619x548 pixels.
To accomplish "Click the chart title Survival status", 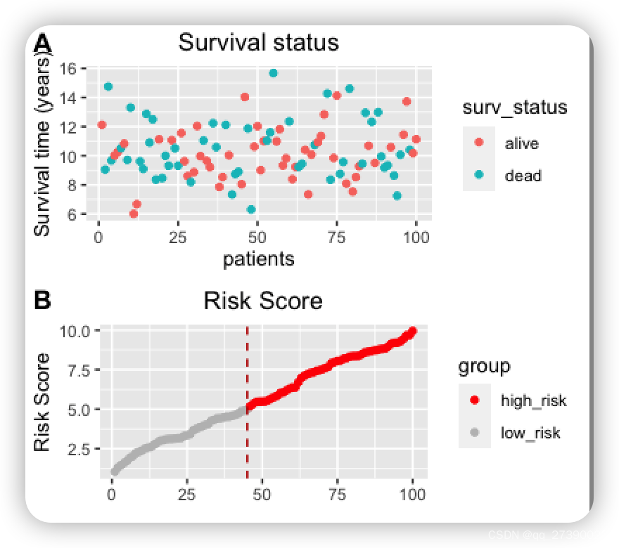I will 258,42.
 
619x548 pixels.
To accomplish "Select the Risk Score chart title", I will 262,301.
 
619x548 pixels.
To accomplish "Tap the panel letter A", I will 43,44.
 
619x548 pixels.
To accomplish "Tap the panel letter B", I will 42,300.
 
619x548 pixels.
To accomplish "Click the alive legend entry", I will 521,143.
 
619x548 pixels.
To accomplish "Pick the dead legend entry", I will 523,176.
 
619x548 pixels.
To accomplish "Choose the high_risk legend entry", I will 533,400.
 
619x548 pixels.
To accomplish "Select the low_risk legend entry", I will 530,433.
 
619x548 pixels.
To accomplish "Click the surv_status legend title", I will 514,107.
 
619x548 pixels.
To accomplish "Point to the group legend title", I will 484,366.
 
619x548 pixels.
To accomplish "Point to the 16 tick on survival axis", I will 68,68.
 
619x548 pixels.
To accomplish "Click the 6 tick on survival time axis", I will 72,214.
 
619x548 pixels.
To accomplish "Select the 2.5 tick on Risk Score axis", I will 84,448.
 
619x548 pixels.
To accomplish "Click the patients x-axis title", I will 258,259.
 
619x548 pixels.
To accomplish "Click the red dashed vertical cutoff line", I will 247,422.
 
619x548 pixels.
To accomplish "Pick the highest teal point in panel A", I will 273,73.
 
